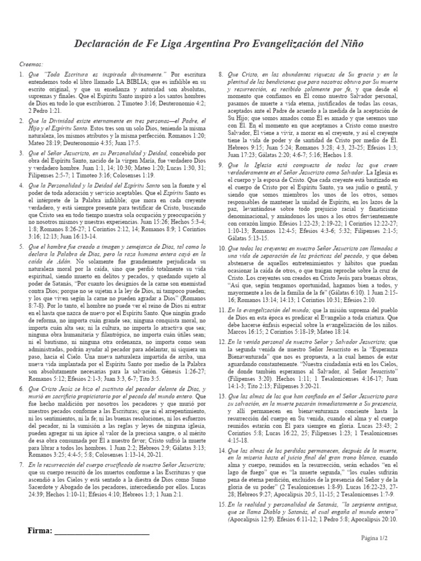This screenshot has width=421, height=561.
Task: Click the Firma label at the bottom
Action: (x=40, y=530)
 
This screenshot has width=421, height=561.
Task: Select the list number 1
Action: (x=21, y=73)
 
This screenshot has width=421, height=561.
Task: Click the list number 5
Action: (x=21, y=247)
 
